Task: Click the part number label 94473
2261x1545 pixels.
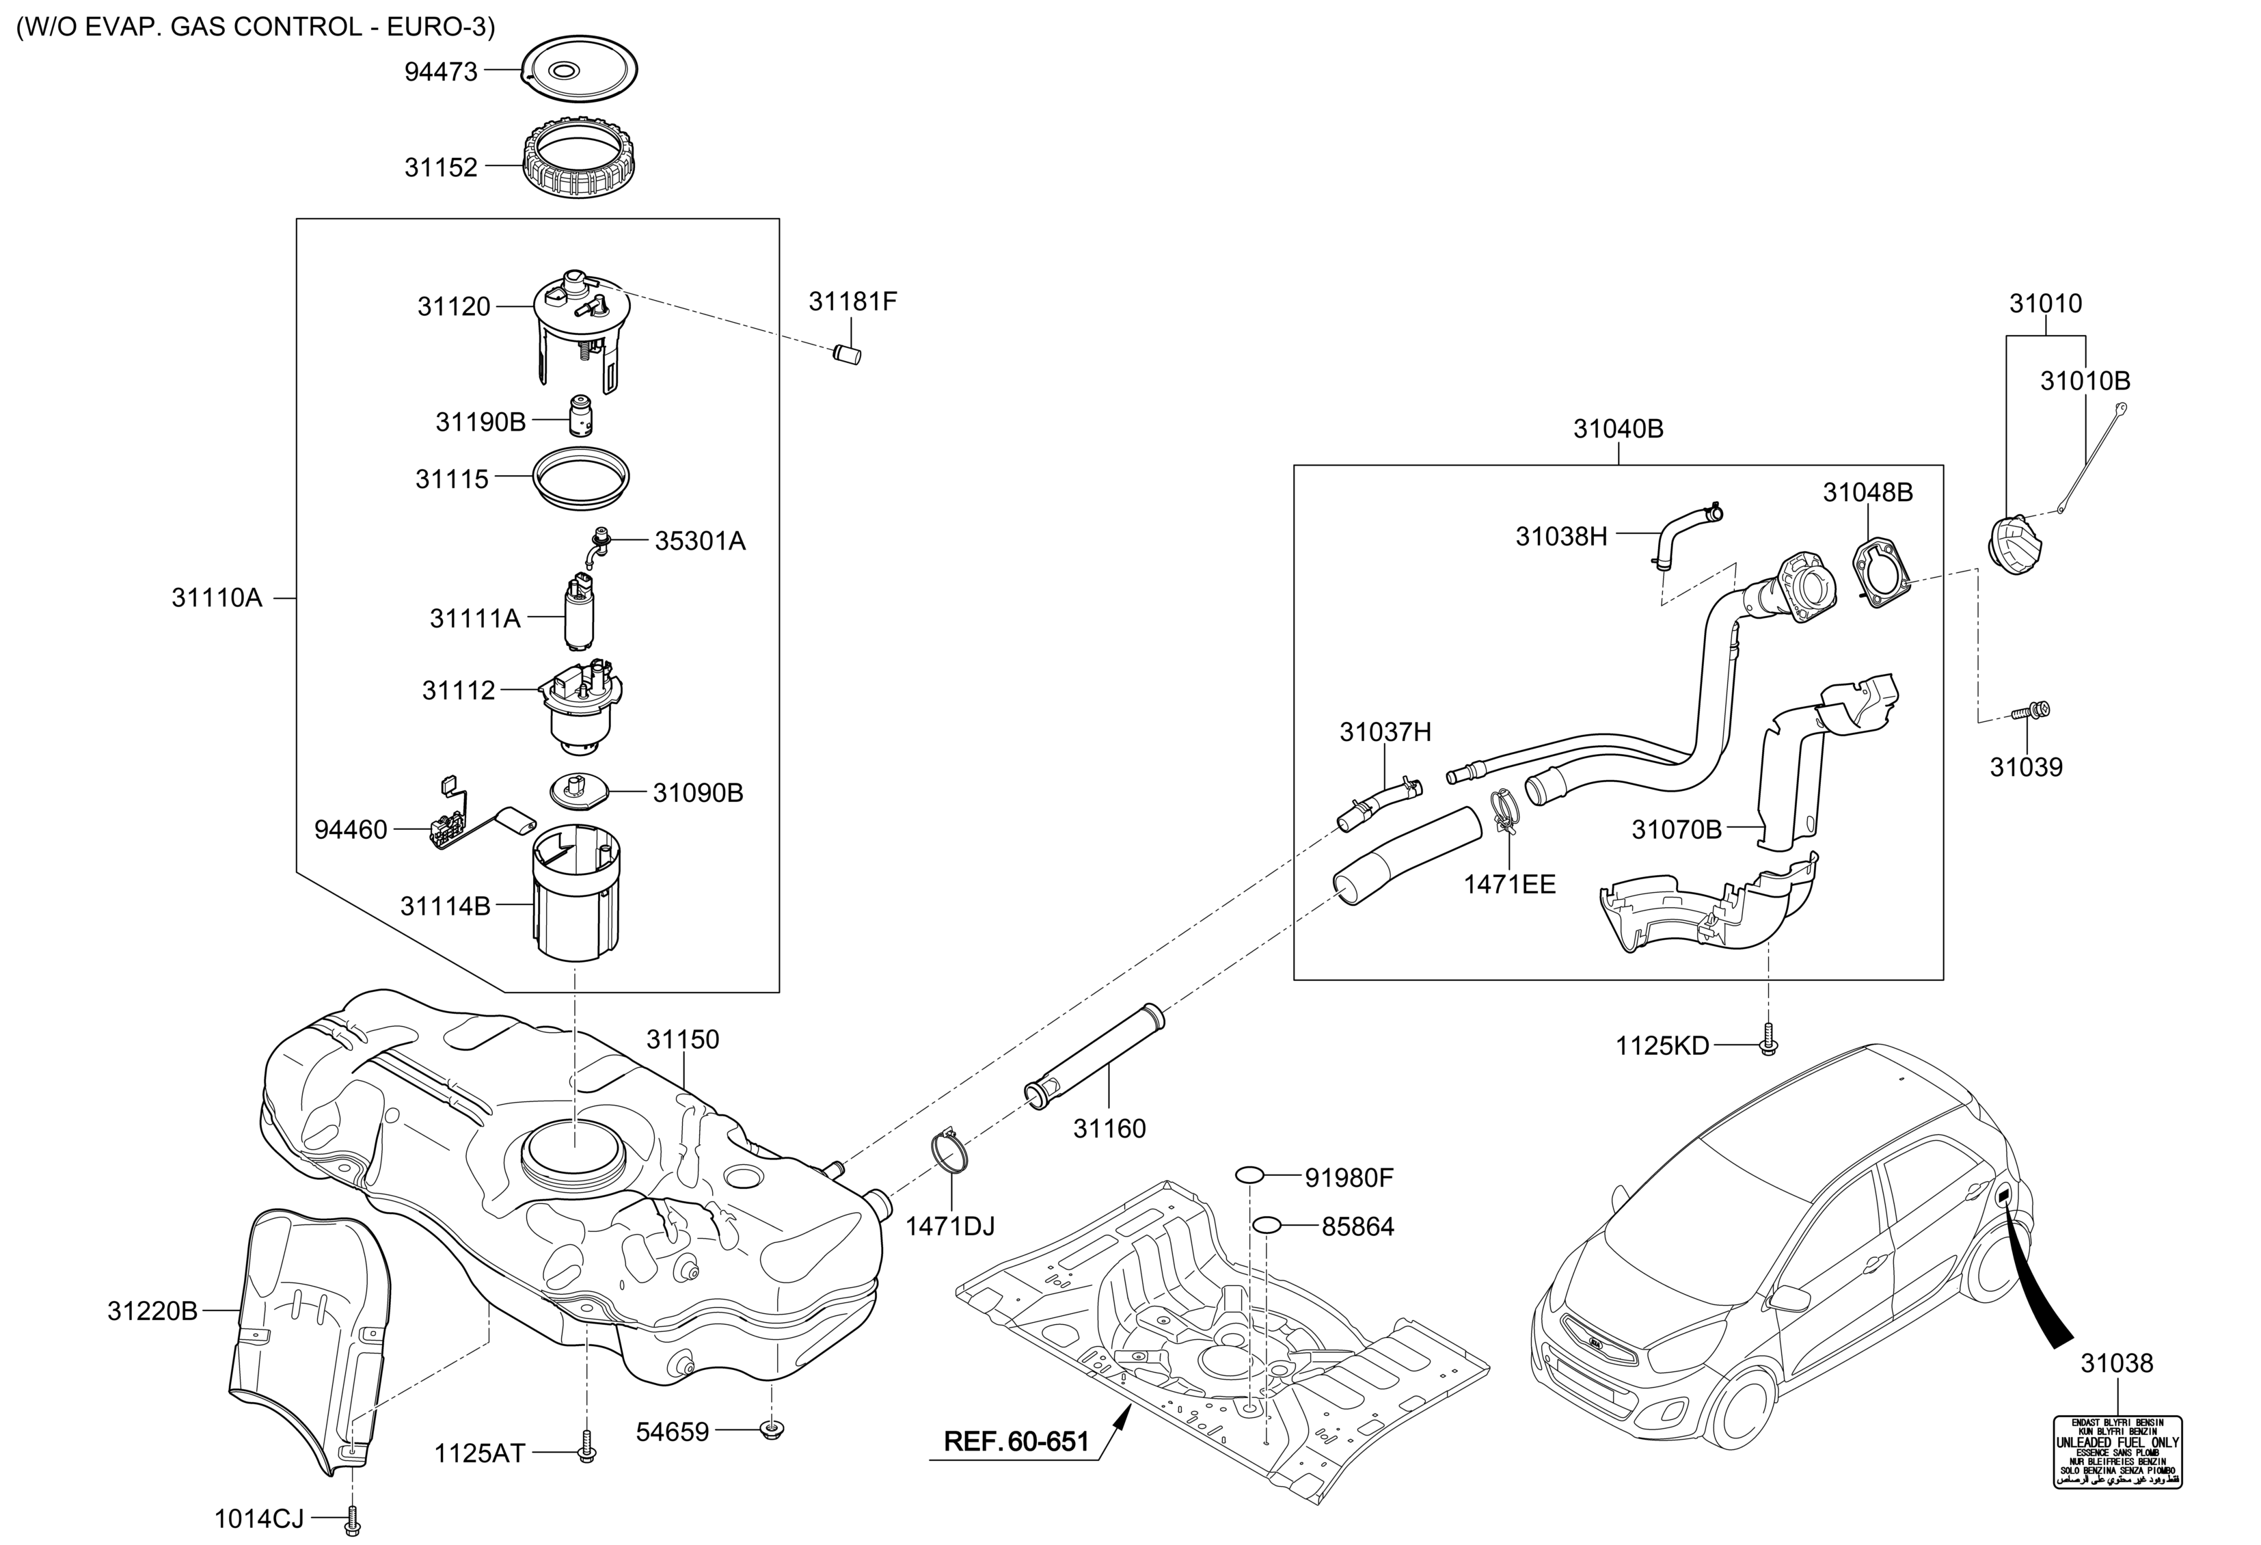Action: pyautogui.click(x=441, y=71)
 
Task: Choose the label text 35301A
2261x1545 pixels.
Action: pyautogui.click(x=699, y=541)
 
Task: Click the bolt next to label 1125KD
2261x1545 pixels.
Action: pyautogui.click(x=1767, y=1043)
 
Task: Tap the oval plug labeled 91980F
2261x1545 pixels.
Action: pyautogui.click(x=1249, y=1177)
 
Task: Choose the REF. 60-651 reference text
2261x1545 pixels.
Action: pyautogui.click(x=1016, y=1441)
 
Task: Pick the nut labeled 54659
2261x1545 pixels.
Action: pyautogui.click(x=770, y=1430)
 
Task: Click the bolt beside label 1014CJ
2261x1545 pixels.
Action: pyautogui.click(x=352, y=1517)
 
